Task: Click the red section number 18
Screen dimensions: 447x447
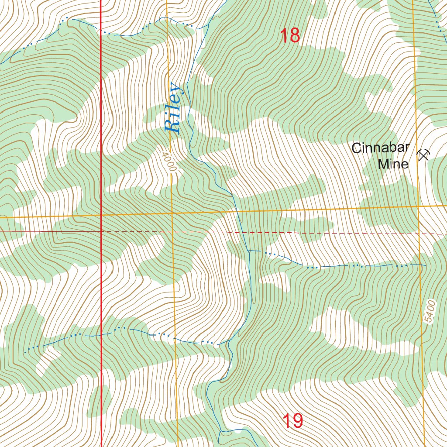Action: click(x=290, y=35)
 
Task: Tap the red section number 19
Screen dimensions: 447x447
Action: click(x=292, y=421)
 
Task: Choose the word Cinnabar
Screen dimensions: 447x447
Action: click(x=381, y=148)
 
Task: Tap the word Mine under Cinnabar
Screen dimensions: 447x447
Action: click(x=393, y=164)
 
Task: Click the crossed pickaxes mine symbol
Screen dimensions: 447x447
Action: click(x=423, y=155)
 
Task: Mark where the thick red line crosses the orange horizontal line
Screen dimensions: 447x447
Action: click(x=101, y=214)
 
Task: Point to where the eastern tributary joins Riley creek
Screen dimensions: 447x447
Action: click(x=248, y=251)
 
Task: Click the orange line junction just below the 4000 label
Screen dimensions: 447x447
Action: click(x=172, y=213)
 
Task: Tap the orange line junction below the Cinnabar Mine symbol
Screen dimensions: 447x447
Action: click(x=418, y=206)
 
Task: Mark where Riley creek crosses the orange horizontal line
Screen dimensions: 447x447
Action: click(x=236, y=211)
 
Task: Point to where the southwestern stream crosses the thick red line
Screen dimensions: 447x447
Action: click(x=101, y=335)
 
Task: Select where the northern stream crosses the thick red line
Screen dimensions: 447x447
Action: click(x=101, y=31)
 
